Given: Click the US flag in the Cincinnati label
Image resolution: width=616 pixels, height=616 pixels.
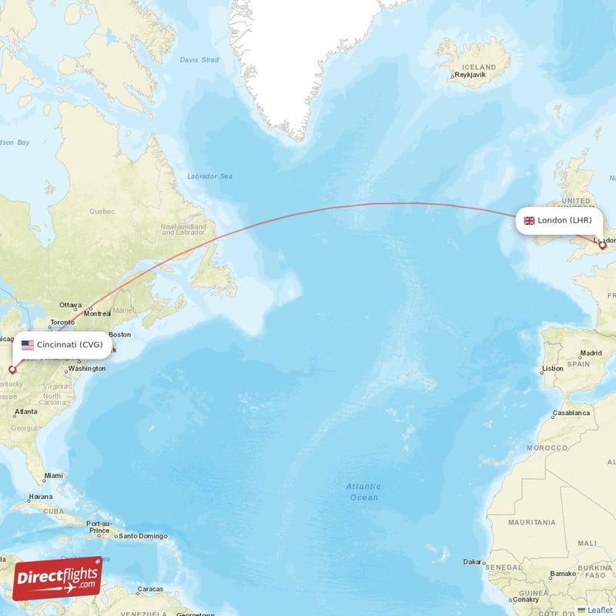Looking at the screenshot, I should pyautogui.click(x=28, y=345).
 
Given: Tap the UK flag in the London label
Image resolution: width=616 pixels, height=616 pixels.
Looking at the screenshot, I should pyautogui.click(x=529, y=221).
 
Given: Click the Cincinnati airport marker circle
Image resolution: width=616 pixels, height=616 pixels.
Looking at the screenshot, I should pyautogui.click(x=12, y=370).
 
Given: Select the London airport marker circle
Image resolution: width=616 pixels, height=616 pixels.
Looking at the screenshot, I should pyautogui.click(x=603, y=246).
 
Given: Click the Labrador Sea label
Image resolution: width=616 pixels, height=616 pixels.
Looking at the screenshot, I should pyautogui.click(x=209, y=176).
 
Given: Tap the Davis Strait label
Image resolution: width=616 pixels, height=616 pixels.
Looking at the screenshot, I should pyautogui.click(x=199, y=60).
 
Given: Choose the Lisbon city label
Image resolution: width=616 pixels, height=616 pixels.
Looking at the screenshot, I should pyautogui.click(x=554, y=368).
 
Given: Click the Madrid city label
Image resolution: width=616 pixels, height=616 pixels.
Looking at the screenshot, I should pyautogui.click(x=591, y=353).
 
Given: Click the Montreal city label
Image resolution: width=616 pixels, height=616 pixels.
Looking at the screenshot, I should pyautogui.click(x=98, y=313).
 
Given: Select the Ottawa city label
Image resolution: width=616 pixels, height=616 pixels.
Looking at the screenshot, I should pyautogui.click(x=70, y=304).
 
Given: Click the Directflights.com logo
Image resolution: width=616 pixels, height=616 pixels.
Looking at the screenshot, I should pyautogui.click(x=57, y=578).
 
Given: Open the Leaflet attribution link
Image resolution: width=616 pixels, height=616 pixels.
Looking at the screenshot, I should pyautogui.click(x=599, y=610).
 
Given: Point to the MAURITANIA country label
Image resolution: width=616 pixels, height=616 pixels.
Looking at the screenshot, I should pyautogui.click(x=533, y=522).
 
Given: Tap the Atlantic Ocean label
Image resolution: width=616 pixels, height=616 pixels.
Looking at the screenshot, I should pyautogui.click(x=363, y=491).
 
